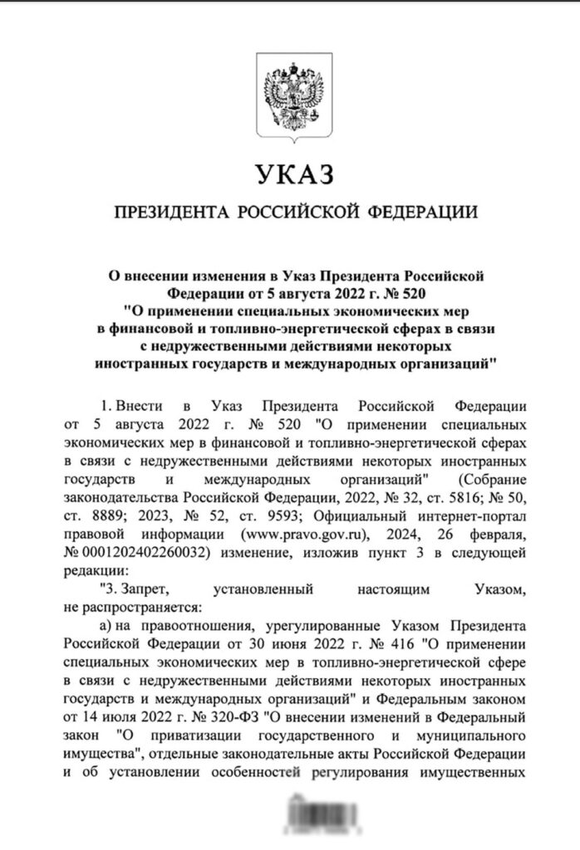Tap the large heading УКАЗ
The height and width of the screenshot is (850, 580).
pos(290,175)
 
